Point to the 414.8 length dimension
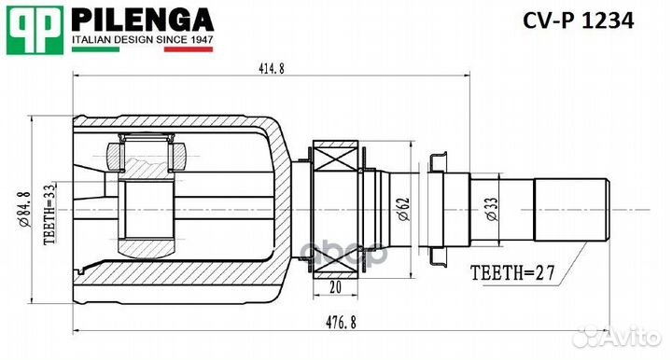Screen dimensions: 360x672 269,67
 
